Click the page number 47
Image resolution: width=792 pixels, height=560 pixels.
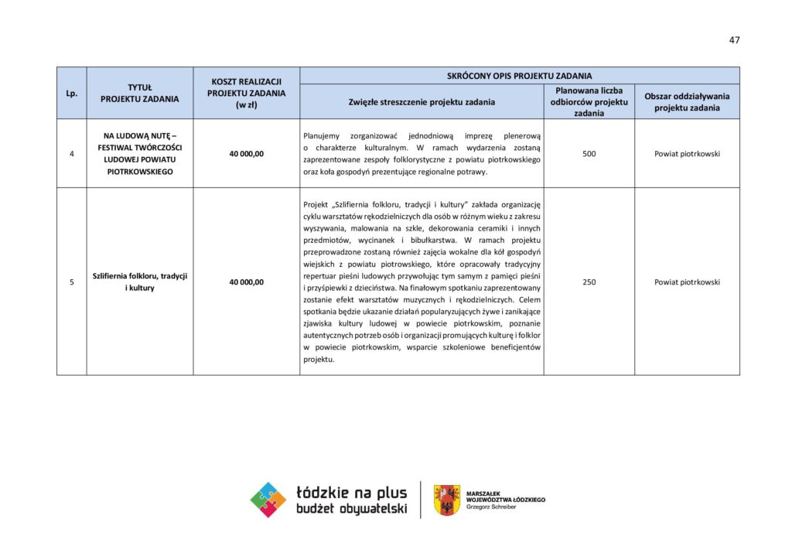734,40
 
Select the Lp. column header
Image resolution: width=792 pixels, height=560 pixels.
71,93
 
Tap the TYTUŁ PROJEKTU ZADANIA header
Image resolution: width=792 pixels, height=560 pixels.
139,93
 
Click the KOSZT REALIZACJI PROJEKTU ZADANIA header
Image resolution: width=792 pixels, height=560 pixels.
246,93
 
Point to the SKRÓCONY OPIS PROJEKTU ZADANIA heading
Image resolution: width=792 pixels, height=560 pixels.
519,76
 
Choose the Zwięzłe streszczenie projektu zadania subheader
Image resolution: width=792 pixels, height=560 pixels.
422,102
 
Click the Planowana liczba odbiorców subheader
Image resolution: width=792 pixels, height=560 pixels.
589,101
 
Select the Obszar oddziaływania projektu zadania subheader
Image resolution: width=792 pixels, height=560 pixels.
687,101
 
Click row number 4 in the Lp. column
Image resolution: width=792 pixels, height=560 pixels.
71,154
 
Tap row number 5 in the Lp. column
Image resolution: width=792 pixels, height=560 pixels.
71,282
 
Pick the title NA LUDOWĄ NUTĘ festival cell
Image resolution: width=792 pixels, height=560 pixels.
139,153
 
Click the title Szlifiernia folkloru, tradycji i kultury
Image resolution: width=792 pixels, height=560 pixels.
139,282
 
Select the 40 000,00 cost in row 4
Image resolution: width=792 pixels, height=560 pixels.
246,154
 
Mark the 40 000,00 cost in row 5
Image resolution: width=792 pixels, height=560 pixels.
246,282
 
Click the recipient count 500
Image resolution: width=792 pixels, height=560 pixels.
589,154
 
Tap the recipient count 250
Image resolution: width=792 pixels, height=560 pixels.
589,282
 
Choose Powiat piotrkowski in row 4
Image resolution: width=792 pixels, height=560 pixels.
687,154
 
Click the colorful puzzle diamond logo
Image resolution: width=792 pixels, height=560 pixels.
268,500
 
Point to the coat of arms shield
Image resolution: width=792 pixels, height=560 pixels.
446,500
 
